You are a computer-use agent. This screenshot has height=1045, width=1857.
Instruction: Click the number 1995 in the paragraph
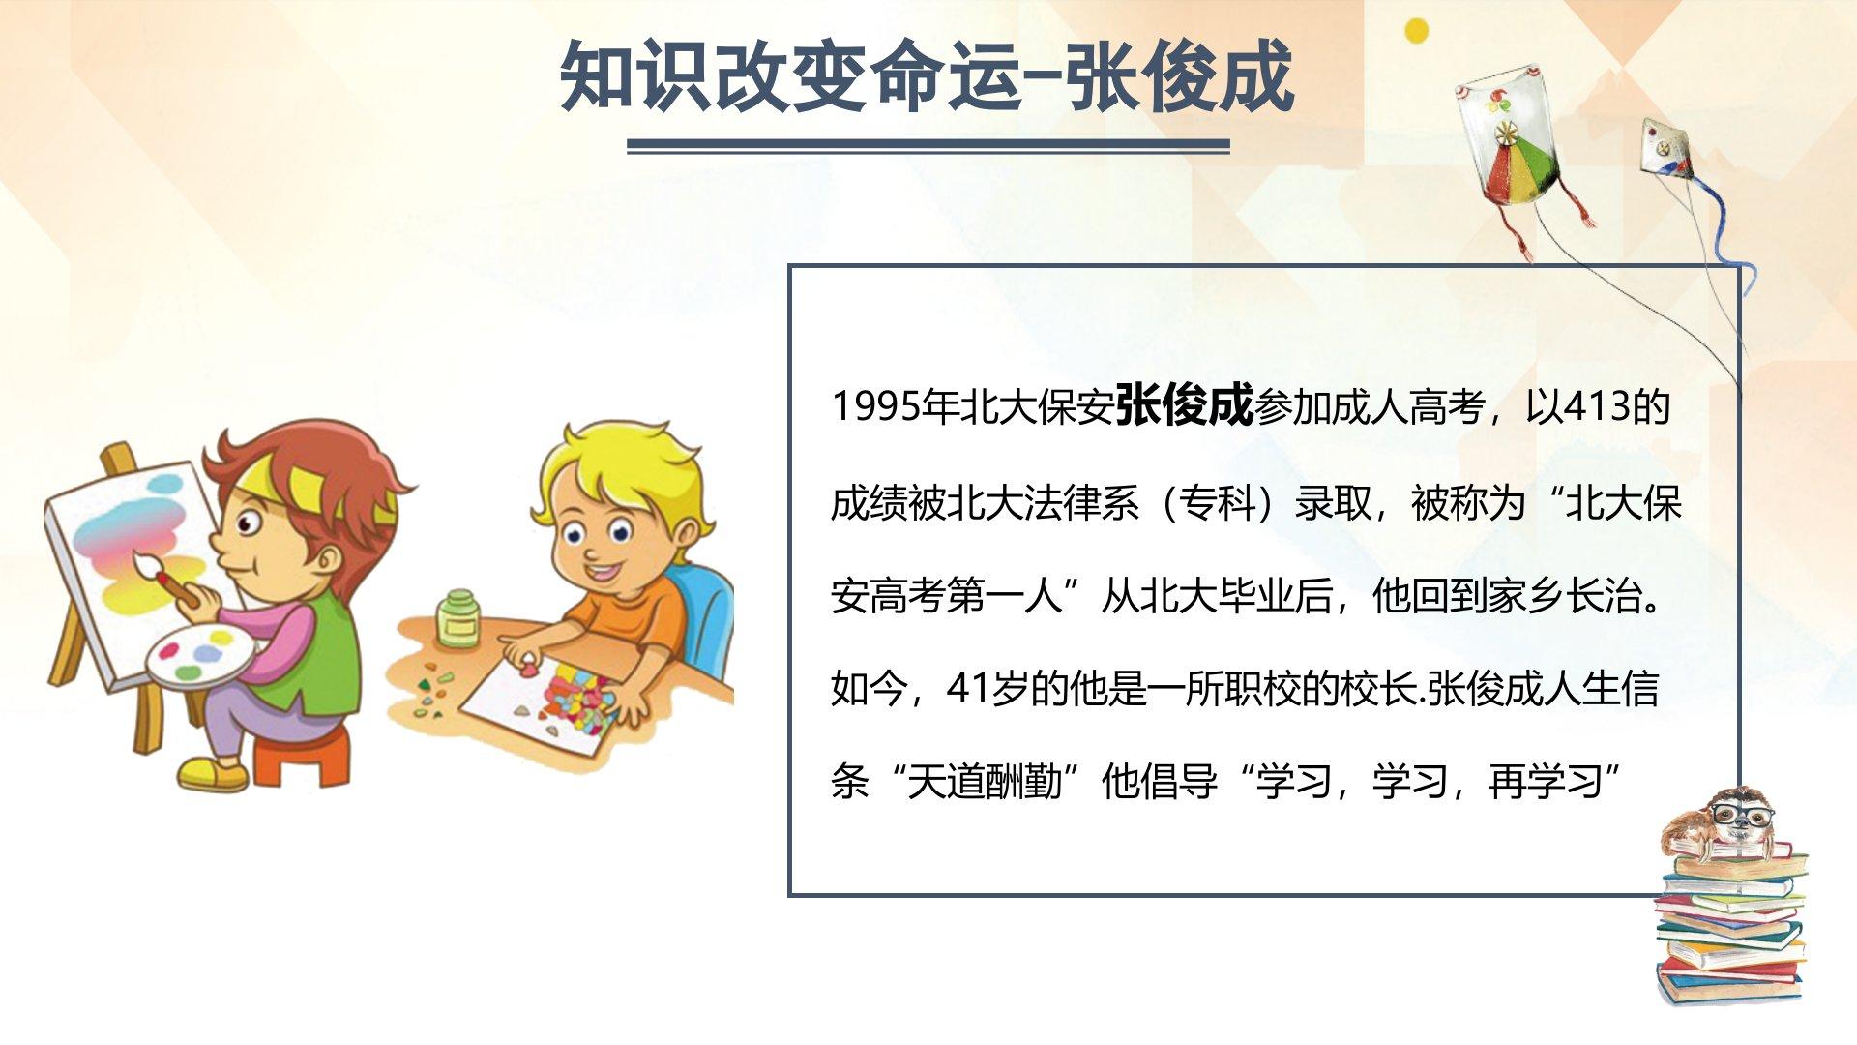[x=875, y=406]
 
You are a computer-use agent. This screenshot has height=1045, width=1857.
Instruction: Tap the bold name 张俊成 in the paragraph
[x=1184, y=404]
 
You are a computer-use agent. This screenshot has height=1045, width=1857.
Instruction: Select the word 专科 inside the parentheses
[x=1218, y=503]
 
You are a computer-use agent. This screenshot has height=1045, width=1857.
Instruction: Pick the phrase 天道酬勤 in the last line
[x=985, y=782]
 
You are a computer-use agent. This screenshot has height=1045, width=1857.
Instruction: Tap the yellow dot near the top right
[x=1416, y=30]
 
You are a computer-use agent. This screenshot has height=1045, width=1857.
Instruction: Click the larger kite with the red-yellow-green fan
[x=1511, y=140]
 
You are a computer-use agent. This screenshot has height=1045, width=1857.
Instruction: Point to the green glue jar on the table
[x=458, y=618]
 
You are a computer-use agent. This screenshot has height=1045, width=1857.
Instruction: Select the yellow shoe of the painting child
[x=212, y=773]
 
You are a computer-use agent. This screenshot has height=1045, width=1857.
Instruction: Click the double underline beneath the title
[x=928, y=146]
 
